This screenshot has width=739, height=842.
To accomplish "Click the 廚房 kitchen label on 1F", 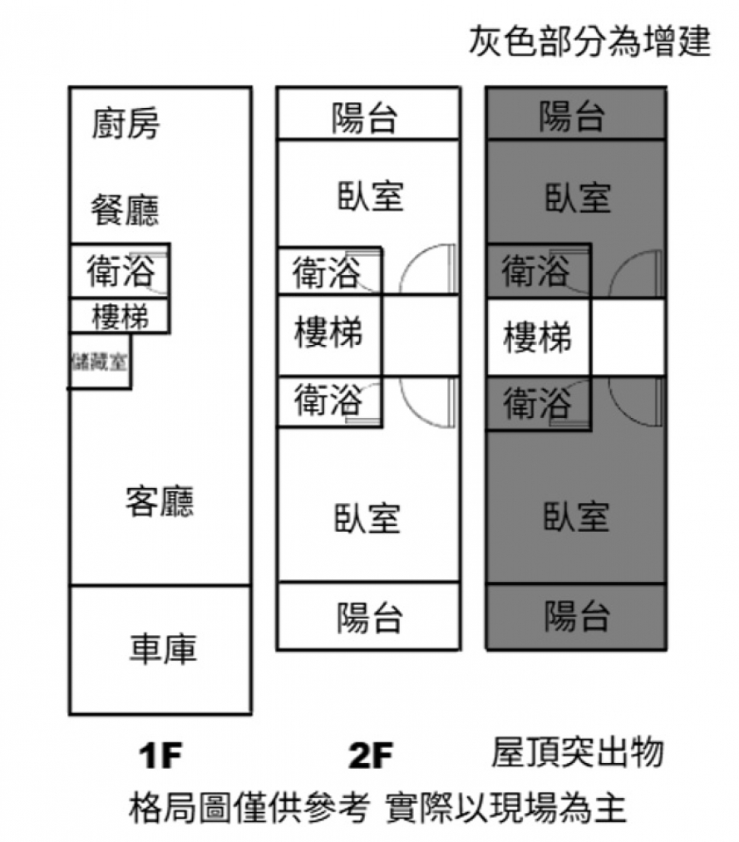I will click(x=125, y=125).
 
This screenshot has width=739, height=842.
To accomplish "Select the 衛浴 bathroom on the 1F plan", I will click(x=121, y=271).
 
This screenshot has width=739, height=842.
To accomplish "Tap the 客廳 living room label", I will click(x=160, y=501).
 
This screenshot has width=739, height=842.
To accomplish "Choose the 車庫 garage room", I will click(x=162, y=649).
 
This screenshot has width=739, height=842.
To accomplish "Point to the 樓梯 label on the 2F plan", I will click(x=329, y=334).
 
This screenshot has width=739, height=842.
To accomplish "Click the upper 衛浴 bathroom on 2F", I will click(x=328, y=272).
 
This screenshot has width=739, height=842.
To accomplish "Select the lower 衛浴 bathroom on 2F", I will click(x=328, y=401).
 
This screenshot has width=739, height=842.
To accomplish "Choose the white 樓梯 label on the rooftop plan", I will click(x=538, y=337).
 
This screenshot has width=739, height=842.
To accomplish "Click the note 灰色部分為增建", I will click(x=589, y=41).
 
